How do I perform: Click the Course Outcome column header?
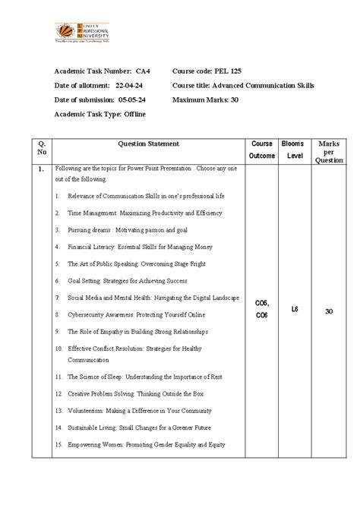pos(262,149)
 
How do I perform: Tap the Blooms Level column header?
pos(294,149)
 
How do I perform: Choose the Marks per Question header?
pos(329,150)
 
